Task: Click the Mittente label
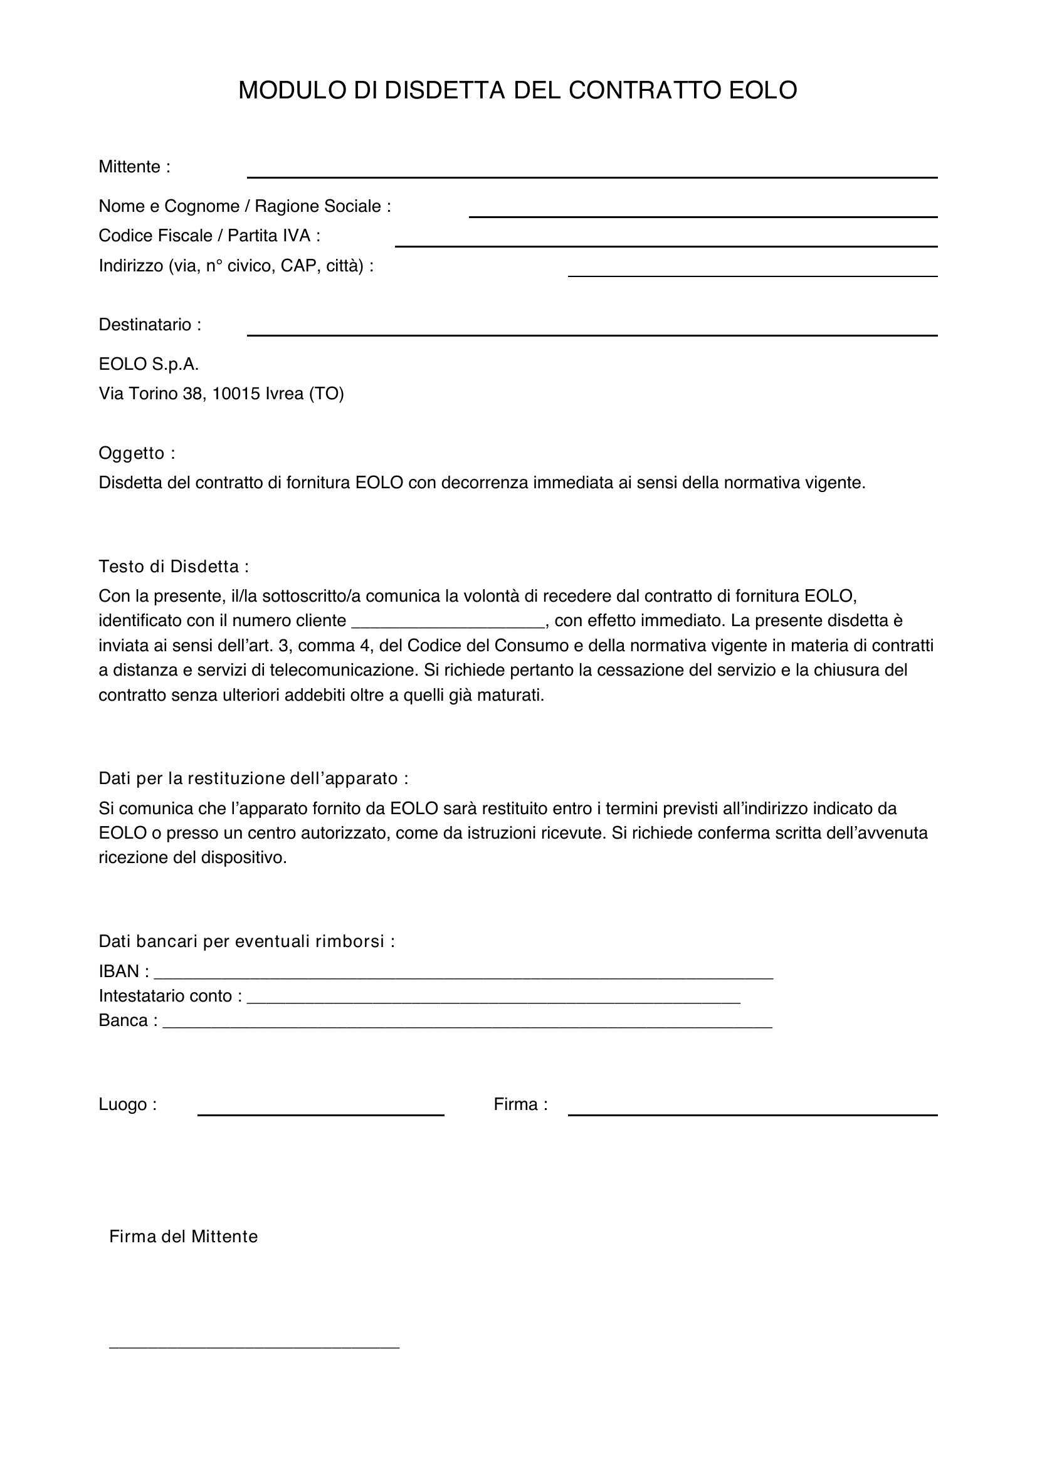point(134,167)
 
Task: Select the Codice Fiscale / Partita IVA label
point(209,236)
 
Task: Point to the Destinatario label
point(149,325)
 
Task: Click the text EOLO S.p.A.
point(148,364)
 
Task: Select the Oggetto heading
point(136,453)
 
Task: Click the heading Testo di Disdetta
point(173,566)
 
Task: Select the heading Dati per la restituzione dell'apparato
point(253,778)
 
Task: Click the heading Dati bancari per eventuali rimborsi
point(246,941)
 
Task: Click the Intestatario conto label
point(170,995)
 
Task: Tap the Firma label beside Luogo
point(520,1104)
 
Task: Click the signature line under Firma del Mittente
point(254,1346)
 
